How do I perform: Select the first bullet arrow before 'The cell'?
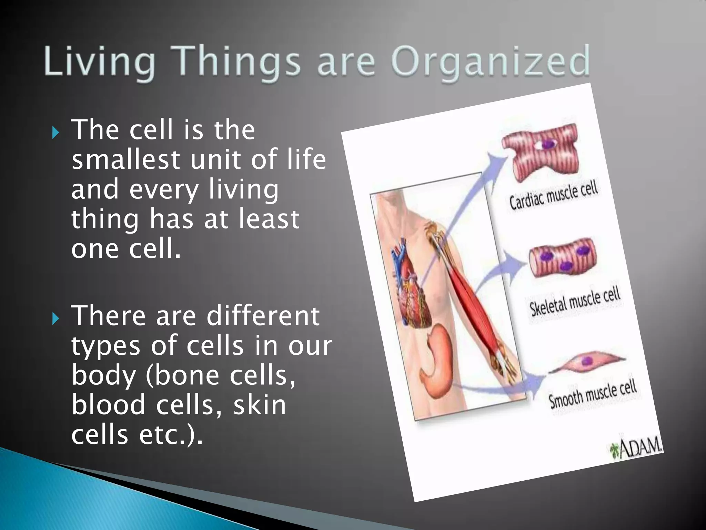click(x=56, y=132)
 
